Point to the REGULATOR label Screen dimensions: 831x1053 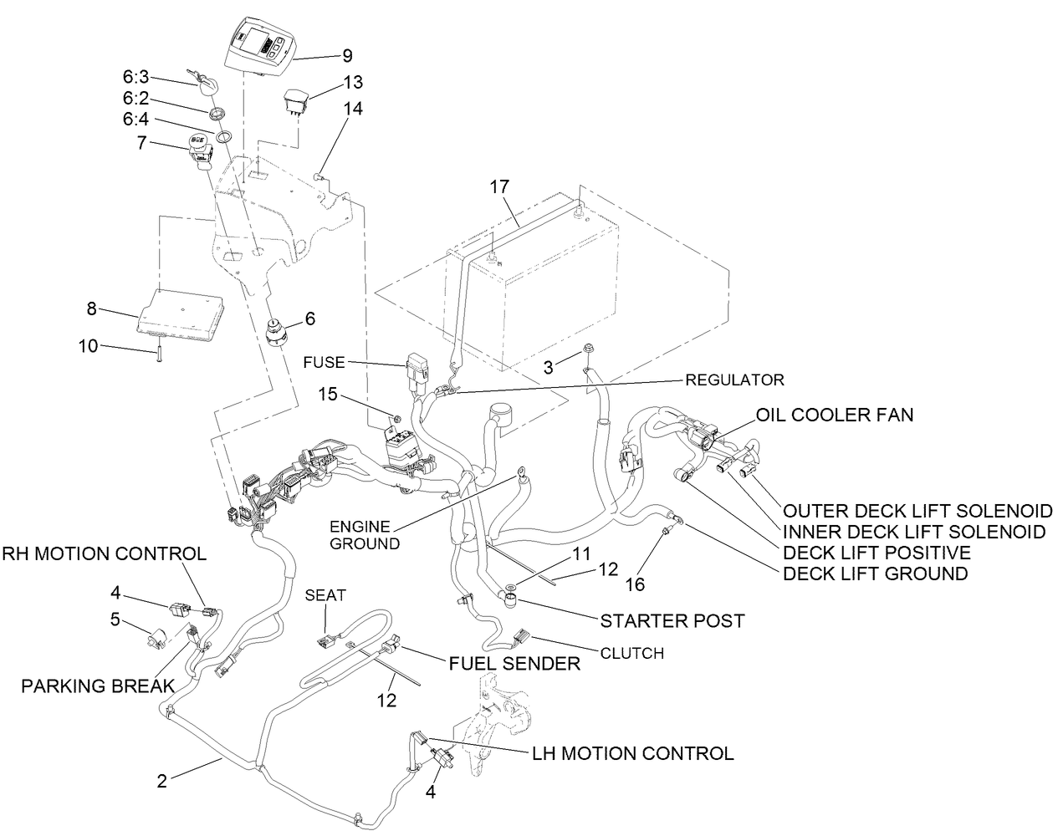pos(734,380)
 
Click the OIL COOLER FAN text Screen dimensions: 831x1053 pos(835,415)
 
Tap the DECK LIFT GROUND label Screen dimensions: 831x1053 pos(875,574)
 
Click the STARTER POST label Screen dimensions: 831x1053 pos(672,621)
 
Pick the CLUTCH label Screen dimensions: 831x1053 pos(632,653)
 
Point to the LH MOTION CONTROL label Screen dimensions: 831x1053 pos(632,753)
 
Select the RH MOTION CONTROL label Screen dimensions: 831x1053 pos(104,553)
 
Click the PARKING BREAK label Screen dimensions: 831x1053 pos(98,686)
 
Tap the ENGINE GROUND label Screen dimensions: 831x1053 pos(360,535)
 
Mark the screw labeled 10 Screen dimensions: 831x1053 pos(157,354)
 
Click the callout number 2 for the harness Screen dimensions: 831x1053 pos(162,781)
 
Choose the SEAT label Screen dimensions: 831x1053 pos(325,595)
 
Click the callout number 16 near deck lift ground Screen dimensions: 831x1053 pos(635,584)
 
